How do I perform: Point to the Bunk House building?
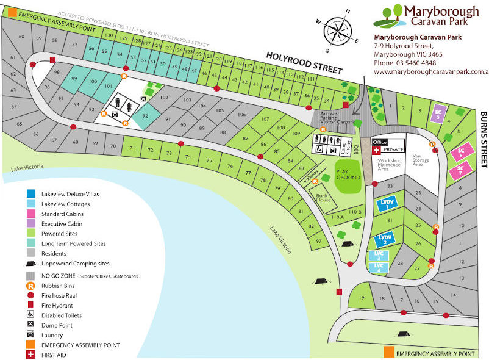[323, 198]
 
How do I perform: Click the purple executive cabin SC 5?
[438, 113]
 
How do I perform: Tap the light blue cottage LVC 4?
[379, 267]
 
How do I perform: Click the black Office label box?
[380, 142]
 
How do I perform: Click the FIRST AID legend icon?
[30, 355]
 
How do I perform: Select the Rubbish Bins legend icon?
[30, 286]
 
